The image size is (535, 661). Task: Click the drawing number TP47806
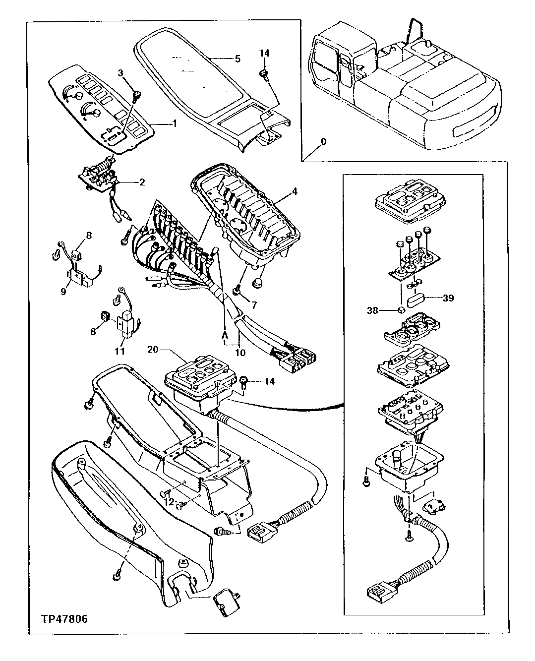[65, 619]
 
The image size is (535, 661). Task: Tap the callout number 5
[238, 59]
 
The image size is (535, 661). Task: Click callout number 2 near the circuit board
[142, 182]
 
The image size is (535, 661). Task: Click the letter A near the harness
[225, 335]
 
